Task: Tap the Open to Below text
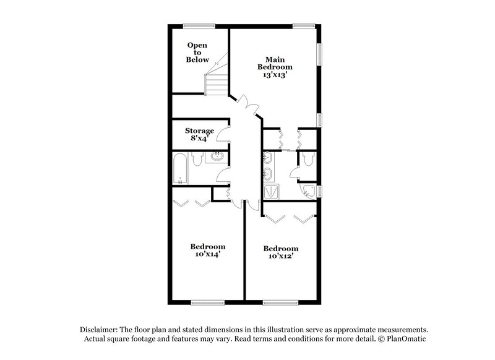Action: [x=197, y=53]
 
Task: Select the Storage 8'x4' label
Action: [x=199, y=134]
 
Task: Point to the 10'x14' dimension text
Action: [x=207, y=254]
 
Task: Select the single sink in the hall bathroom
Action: [x=217, y=157]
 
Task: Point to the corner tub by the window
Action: [x=309, y=191]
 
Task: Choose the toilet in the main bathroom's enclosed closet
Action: [x=308, y=161]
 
